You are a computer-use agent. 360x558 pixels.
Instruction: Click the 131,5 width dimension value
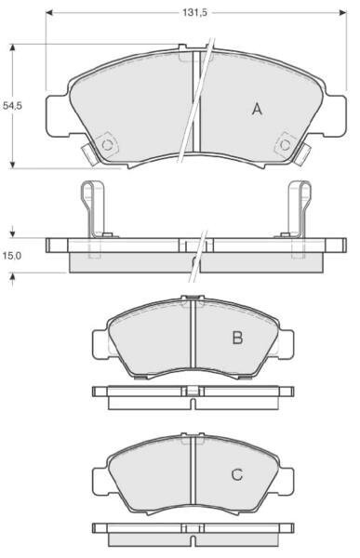(x=194, y=12)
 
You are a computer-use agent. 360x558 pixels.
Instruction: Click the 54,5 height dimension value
(x=12, y=106)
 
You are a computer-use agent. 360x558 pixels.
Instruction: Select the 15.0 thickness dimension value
(x=12, y=256)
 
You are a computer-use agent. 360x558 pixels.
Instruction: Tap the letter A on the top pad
(x=257, y=109)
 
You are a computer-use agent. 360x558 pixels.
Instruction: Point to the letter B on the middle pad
(x=237, y=338)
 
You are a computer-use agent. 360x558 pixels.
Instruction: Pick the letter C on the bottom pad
(x=237, y=474)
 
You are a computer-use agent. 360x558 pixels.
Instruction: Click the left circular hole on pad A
(x=107, y=145)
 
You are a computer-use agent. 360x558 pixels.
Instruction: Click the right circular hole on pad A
(x=285, y=145)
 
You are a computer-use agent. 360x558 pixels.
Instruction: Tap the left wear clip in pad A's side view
(x=94, y=209)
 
